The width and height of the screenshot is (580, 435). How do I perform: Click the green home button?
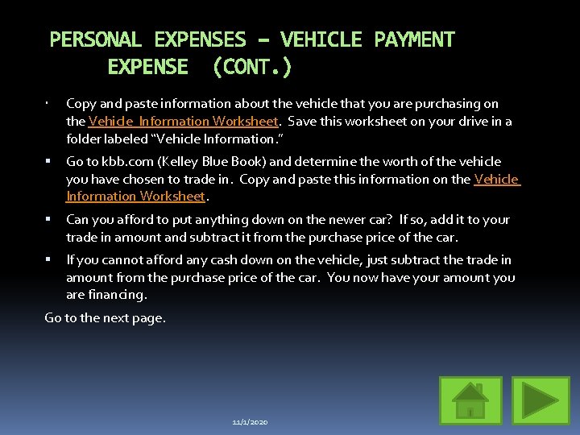471,400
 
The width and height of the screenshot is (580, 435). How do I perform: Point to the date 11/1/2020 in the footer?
250,422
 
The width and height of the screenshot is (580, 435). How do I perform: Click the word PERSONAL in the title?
96,39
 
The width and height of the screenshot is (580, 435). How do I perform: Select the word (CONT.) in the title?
252,66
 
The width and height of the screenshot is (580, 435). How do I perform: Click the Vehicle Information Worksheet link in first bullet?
184,122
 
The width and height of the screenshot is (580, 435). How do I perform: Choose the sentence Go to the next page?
106,317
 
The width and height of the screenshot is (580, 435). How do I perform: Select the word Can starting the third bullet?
77,220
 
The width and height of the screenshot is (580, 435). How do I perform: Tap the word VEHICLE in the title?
321,39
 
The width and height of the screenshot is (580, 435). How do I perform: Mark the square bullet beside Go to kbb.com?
49,162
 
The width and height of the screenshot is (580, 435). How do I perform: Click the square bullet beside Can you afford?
49,220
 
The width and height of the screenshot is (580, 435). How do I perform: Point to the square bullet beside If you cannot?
49,260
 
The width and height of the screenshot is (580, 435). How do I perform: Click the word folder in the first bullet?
84,139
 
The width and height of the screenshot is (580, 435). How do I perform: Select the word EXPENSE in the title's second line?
147,66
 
